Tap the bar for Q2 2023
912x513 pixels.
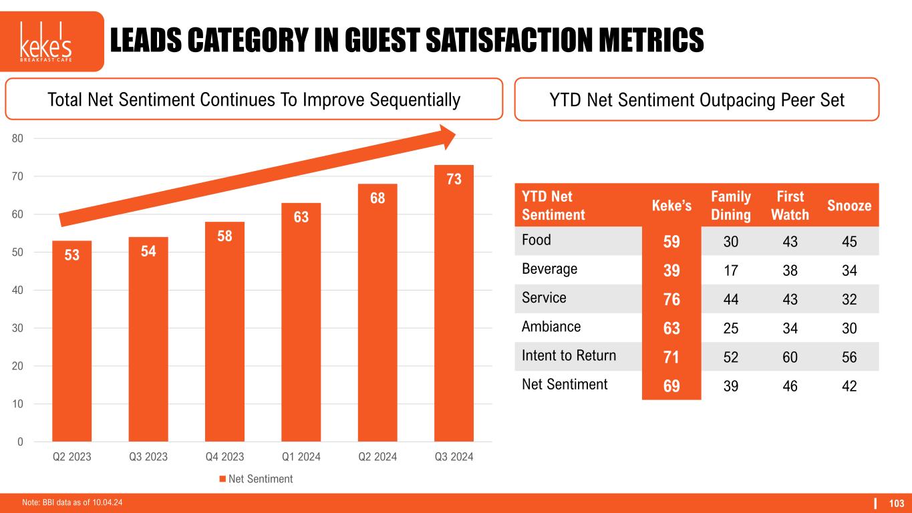[x=71, y=341]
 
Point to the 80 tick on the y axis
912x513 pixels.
[x=17, y=139]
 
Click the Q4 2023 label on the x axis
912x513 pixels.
[x=224, y=458]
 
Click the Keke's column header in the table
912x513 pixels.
[x=671, y=206]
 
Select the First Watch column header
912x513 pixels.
[x=790, y=206]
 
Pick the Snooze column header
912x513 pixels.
[x=849, y=206]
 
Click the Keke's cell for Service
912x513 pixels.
[x=671, y=299]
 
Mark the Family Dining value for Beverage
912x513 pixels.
[x=730, y=270]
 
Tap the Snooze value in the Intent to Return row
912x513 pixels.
[x=849, y=357]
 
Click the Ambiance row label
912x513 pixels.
[x=552, y=327]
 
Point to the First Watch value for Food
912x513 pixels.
[x=790, y=240]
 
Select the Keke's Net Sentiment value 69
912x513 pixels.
[x=671, y=385]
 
